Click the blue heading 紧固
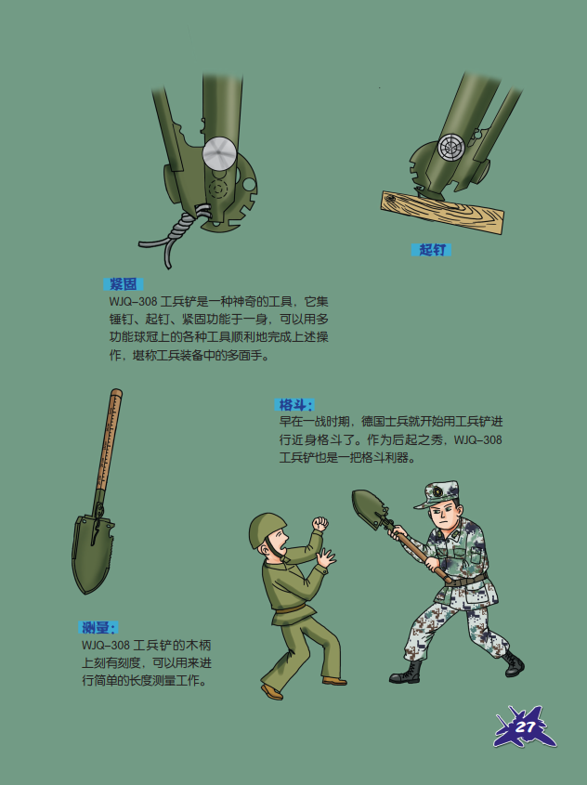124,284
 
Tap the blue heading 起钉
431,249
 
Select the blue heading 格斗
293,404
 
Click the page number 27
526,726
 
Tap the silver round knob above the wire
219,152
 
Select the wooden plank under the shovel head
442,212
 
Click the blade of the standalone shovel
92,553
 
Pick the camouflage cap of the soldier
437,494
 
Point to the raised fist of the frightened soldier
320,524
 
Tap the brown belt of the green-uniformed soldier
290,608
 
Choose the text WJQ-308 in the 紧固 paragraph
133,302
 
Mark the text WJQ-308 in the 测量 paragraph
106,645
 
